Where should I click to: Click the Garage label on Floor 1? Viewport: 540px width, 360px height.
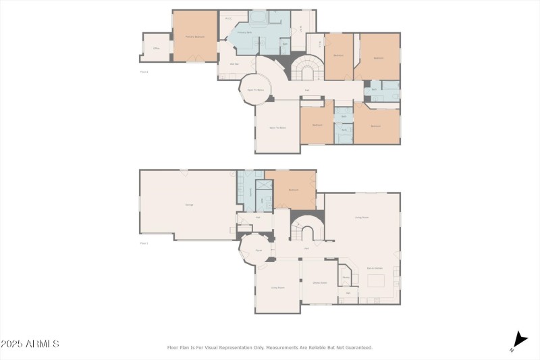point(189,205)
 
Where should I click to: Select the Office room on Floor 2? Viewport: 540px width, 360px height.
point(156,49)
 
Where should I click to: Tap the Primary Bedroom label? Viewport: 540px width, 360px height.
point(195,36)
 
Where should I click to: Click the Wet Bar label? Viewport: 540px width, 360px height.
point(235,65)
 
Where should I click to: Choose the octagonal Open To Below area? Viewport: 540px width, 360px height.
point(254,90)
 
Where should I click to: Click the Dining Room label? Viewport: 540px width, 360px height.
point(320,282)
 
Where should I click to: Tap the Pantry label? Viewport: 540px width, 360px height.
point(346,277)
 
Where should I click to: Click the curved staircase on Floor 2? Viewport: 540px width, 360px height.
point(307,70)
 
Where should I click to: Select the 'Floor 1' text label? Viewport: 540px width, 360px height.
point(144,242)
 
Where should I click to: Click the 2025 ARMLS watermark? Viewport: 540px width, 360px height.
point(30,344)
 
